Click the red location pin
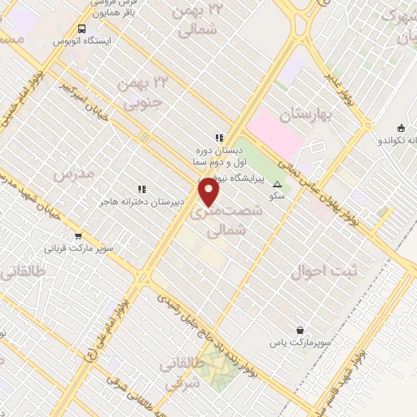[210, 191]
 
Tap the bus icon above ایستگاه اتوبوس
[81, 29]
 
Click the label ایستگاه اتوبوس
[81, 40]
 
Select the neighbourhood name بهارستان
[305, 115]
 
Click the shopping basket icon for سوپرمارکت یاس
[301, 330]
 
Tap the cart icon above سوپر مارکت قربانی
[78, 236]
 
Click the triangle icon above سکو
[278, 184]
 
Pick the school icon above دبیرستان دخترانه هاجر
[142, 189]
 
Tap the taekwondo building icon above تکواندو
[401, 127]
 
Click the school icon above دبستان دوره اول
[218, 138]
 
